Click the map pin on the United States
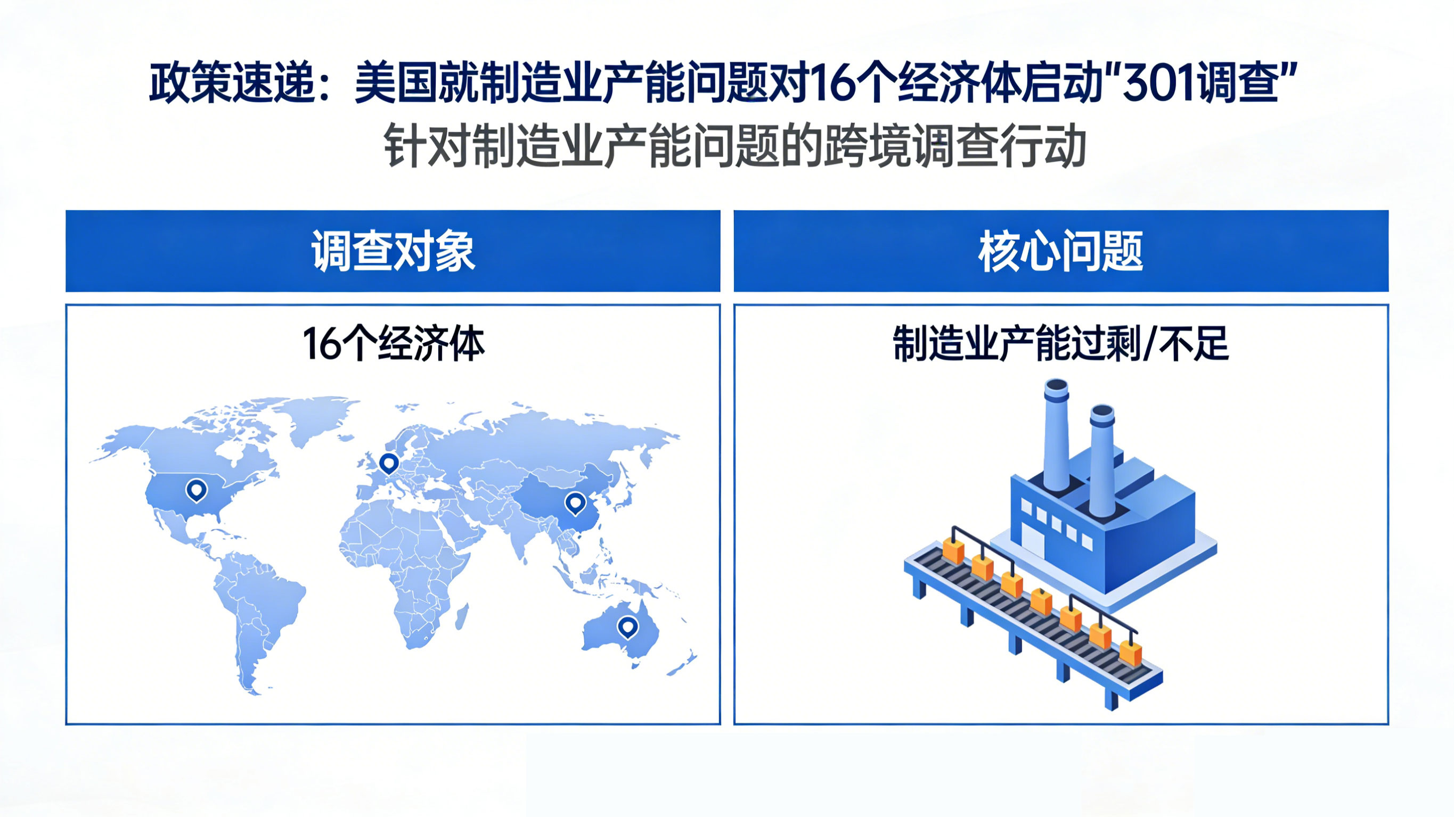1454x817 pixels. click(197, 489)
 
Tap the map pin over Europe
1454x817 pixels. click(388, 463)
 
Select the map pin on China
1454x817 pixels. click(575, 502)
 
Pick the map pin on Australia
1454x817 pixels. click(627, 626)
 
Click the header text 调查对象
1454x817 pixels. click(393, 252)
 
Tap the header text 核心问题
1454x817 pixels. click(1060, 252)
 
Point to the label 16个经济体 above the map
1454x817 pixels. click(393, 344)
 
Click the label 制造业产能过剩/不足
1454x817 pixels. click(1060, 344)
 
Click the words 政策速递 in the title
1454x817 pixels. click(232, 84)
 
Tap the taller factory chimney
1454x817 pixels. click(1056, 434)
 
